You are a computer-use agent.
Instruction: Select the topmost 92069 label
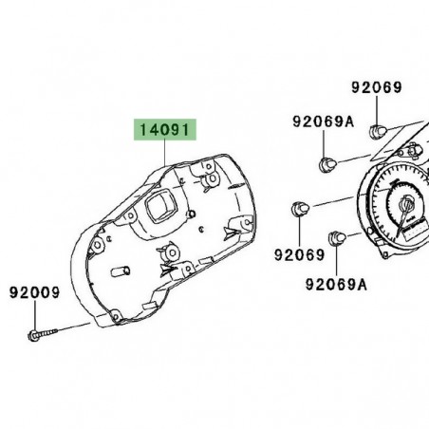(x=377, y=87)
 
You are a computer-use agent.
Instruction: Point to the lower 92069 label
(x=301, y=254)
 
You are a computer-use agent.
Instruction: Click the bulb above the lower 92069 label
(x=301, y=209)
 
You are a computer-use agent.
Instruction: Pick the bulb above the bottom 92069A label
(x=337, y=237)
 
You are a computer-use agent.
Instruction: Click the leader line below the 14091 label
(x=166, y=152)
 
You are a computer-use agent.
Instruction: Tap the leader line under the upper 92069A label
(x=324, y=142)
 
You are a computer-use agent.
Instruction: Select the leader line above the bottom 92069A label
(x=338, y=261)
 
